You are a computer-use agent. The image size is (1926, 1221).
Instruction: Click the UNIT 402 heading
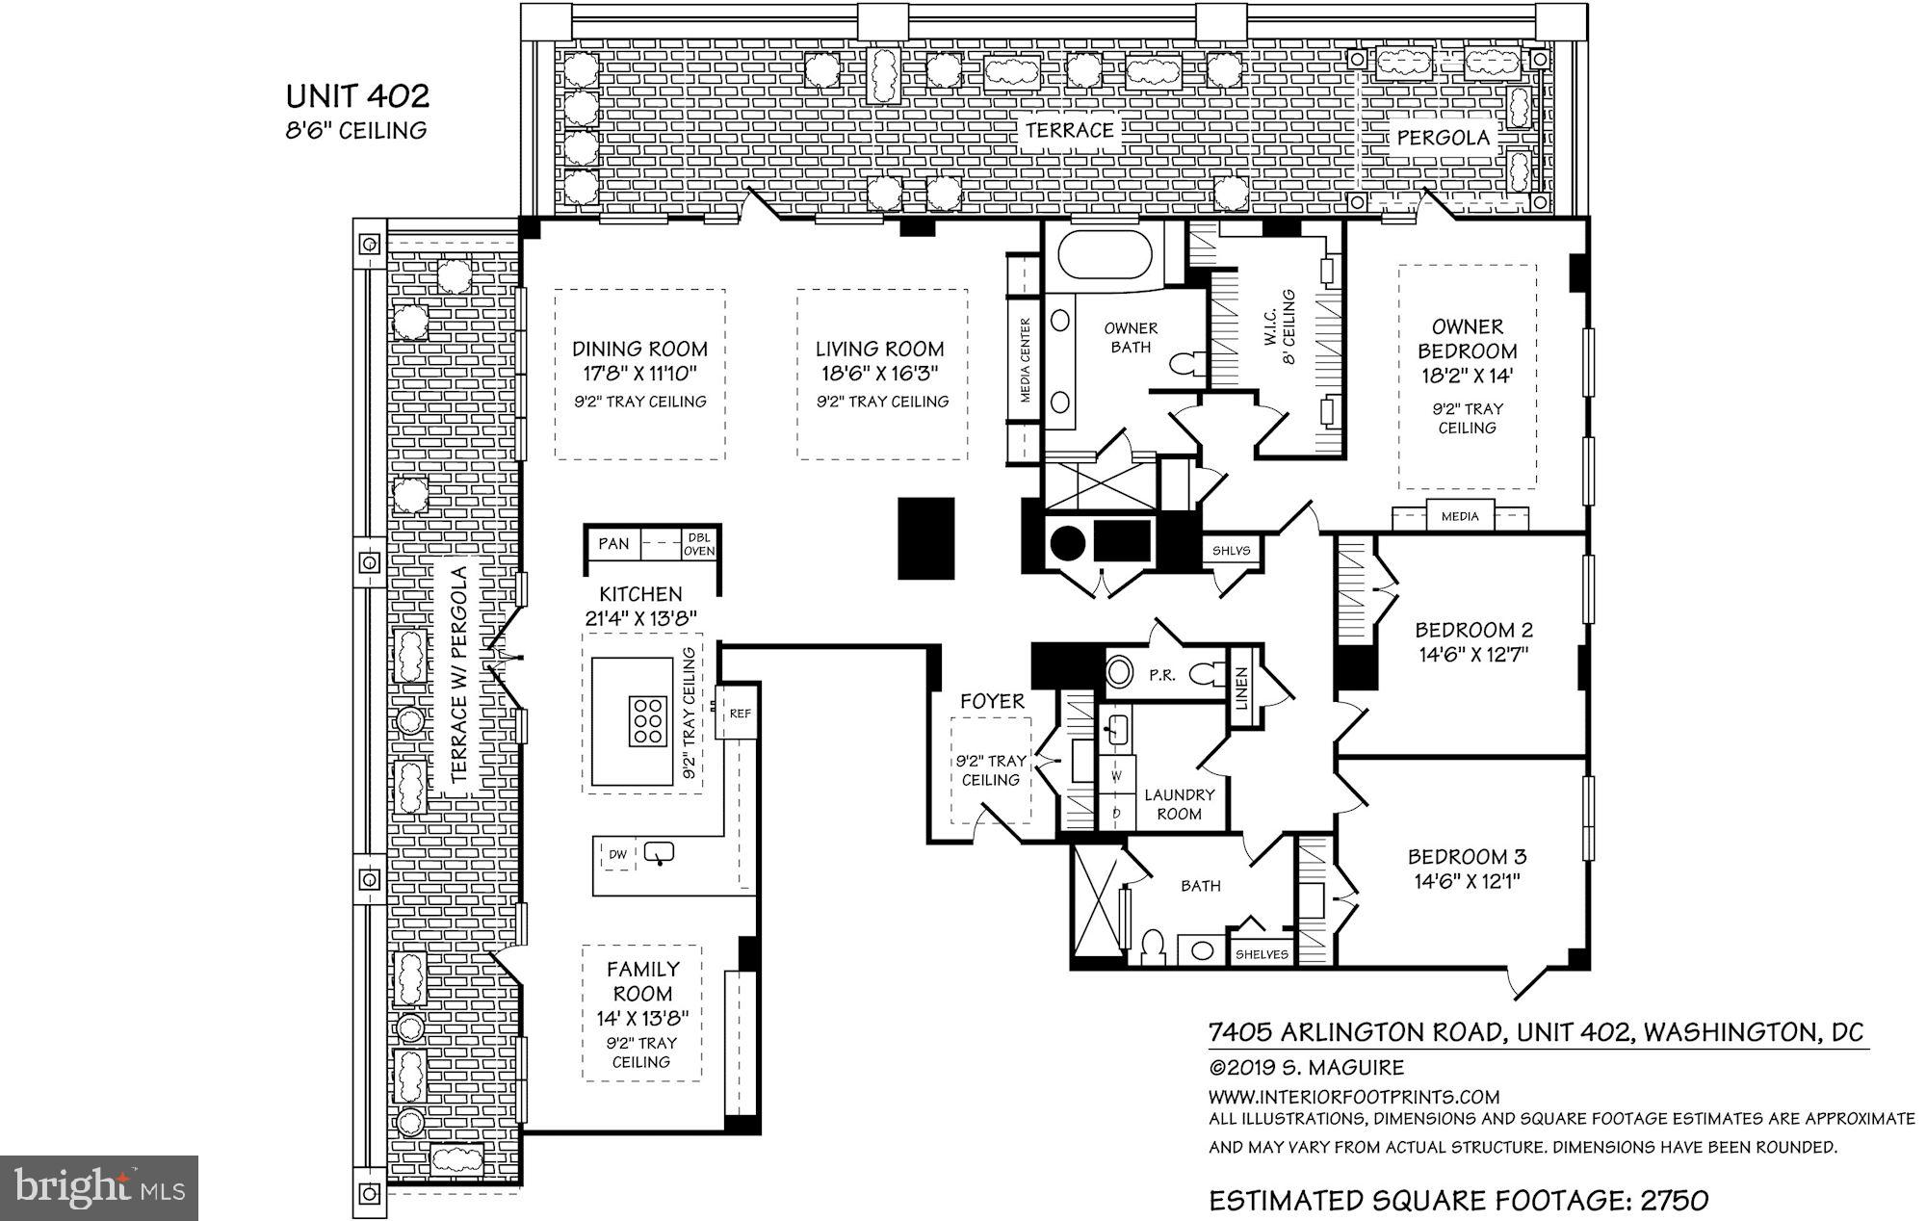pos(357,96)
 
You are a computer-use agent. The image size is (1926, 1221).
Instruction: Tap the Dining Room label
pos(639,349)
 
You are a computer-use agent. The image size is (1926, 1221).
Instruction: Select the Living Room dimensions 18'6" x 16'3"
pos(879,373)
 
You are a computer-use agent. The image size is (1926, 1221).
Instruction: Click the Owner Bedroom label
pos(1467,339)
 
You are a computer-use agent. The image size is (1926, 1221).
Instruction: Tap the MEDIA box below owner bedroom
pos(1460,517)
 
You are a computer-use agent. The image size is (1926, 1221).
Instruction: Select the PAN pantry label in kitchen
pos(613,544)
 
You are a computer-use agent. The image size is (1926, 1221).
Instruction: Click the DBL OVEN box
pos(699,545)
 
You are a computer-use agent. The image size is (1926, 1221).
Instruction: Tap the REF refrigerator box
pos(740,714)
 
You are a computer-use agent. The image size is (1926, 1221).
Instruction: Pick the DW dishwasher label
pos(617,854)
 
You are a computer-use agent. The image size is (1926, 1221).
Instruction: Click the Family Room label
pos(642,981)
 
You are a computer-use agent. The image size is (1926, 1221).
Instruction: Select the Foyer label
pos(992,702)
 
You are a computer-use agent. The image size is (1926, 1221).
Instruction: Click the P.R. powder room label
pos(1162,675)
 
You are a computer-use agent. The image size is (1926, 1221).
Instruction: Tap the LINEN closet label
pos(1242,689)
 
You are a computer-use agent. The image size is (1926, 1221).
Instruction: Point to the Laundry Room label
pos(1179,804)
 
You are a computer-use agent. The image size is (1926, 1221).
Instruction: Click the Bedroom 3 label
pos(1467,856)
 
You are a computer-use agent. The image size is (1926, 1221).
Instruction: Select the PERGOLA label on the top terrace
pos(1443,138)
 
